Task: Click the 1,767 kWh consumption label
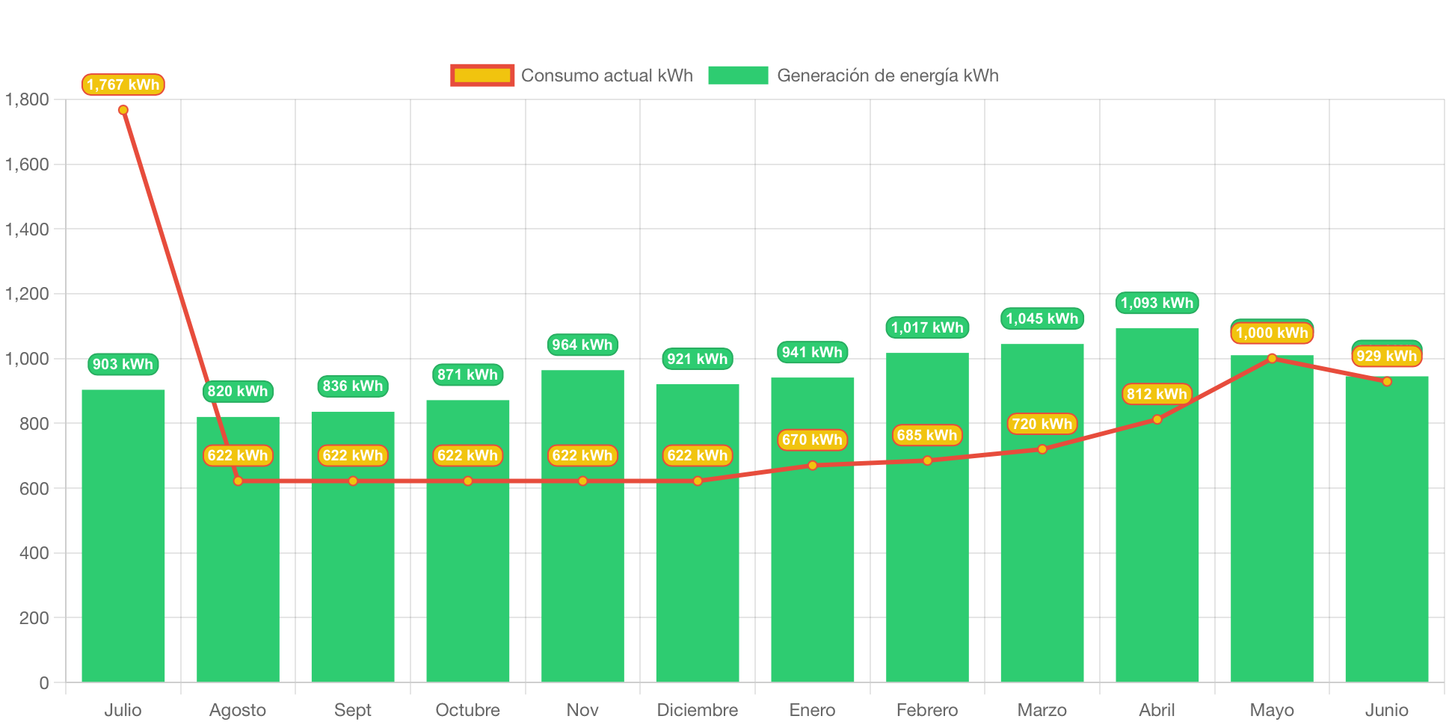point(123,84)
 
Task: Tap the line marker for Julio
point(123,110)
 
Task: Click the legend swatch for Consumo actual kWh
point(482,75)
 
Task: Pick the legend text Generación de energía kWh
point(887,75)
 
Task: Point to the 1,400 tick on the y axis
point(27,229)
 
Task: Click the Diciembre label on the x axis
point(697,709)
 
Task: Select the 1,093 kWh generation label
point(1157,303)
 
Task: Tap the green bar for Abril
point(1157,538)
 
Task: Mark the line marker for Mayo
point(1272,358)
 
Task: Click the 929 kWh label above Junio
point(1387,356)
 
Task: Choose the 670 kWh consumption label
point(812,439)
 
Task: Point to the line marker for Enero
point(813,466)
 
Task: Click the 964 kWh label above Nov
point(582,345)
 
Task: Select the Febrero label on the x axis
point(927,709)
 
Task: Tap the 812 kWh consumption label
point(1157,394)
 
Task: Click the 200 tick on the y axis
point(34,618)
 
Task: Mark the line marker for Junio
point(1387,381)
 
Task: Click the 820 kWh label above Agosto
point(238,391)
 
